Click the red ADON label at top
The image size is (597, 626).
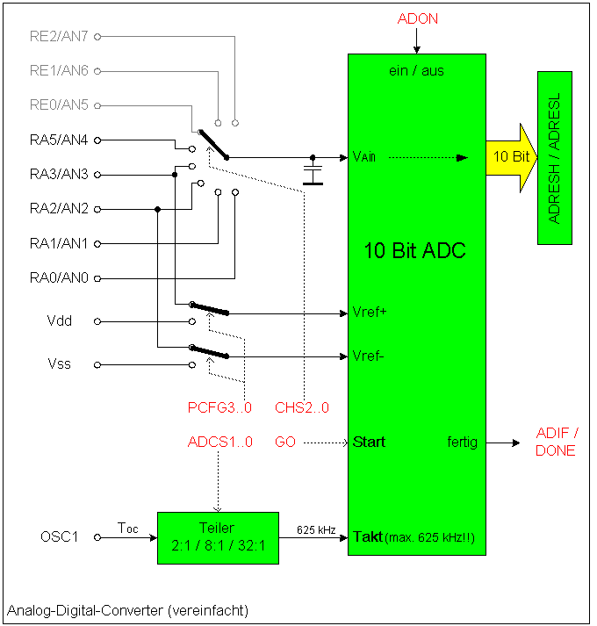(x=417, y=18)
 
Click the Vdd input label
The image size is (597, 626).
(x=59, y=321)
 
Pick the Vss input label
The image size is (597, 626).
(x=59, y=363)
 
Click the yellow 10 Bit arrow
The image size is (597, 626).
(x=512, y=156)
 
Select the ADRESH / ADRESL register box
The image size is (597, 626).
(x=555, y=158)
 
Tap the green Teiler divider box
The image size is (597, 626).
(x=218, y=538)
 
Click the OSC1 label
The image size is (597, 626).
(x=59, y=536)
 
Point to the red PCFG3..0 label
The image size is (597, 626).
(x=220, y=407)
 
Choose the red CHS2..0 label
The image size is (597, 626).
(x=302, y=407)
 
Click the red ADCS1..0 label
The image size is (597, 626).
(x=220, y=442)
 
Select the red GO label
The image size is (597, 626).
(x=285, y=442)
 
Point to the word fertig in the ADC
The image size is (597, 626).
(x=462, y=442)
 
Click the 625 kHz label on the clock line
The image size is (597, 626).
(x=316, y=529)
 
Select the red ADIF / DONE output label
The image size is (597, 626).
(x=557, y=442)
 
